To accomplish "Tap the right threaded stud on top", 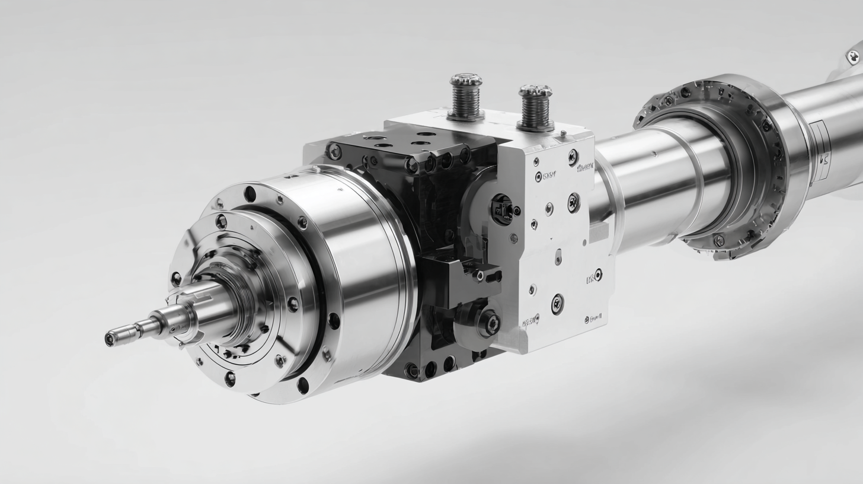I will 535,107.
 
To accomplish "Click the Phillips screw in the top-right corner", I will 854,57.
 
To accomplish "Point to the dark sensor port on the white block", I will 502,209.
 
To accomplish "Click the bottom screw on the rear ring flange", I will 718,240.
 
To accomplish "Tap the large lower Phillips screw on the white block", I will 557,304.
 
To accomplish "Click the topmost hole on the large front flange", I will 250,194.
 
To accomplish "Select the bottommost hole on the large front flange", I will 303,386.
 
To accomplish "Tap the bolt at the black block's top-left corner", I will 334,152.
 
